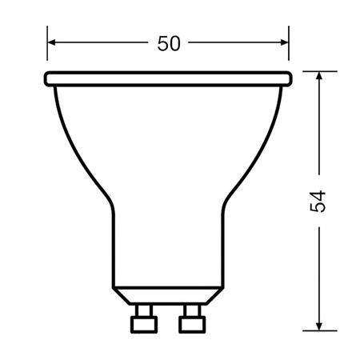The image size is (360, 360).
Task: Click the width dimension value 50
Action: click(168, 44)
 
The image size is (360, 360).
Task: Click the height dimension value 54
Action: click(318, 201)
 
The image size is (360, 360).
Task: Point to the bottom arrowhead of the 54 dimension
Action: click(318, 326)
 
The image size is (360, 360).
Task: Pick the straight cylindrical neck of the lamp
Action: click(168, 248)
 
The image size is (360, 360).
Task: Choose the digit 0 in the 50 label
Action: click(174, 44)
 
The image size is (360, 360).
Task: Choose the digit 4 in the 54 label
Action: click(318, 194)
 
